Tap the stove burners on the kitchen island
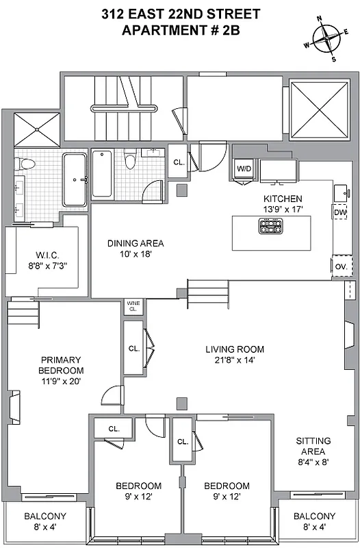click(x=270, y=226)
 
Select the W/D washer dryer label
click(x=244, y=169)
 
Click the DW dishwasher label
click(x=340, y=212)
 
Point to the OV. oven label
click(x=340, y=266)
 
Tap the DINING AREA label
click(x=136, y=243)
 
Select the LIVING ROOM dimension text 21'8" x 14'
click(x=235, y=360)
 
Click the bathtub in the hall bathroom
click(x=101, y=174)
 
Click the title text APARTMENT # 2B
click(x=179, y=30)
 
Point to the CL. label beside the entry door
click(x=177, y=163)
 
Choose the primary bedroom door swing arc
click(x=112, y=396)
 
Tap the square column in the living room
click(x=181, y=403)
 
